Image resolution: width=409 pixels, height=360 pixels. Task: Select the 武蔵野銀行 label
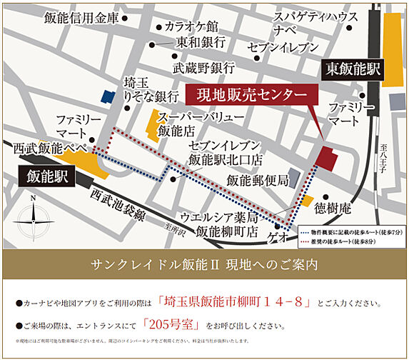[x=204, y=69]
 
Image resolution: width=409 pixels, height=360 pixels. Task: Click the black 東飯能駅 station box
[x=353, y=69]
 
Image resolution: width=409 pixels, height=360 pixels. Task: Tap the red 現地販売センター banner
[x=247, y=95]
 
